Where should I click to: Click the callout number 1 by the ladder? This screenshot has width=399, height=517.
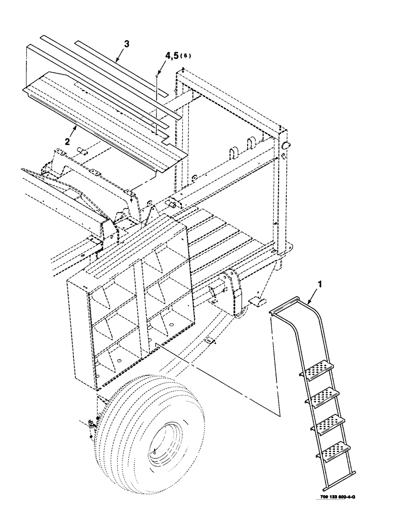[322, 284]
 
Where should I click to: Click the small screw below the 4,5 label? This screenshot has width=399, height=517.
[157, 76]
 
